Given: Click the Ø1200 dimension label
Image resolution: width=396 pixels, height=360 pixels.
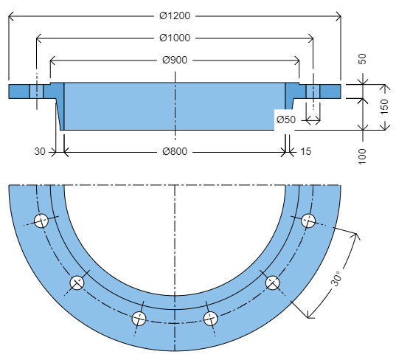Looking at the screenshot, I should [x=174, y=15].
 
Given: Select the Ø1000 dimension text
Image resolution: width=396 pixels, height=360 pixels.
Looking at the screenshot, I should [x=174, y=38].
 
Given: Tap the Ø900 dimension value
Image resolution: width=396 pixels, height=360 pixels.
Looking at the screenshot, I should [x=174, y=60].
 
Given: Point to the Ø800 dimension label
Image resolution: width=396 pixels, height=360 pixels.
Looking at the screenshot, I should [x=174, y=151].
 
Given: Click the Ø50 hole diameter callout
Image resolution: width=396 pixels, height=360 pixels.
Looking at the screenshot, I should [x=285, y=120].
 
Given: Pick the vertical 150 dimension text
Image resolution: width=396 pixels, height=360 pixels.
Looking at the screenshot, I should [x=383, y=108].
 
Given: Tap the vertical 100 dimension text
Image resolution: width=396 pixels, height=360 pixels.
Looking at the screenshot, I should [x=362, y=156].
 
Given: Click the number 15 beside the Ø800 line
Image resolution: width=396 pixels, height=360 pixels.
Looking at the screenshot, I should [x=305, y=151].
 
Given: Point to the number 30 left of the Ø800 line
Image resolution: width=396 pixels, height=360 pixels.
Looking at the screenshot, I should [x=41, y=151].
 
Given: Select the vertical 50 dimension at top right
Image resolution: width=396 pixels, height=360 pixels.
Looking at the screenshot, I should [x=362, y=59].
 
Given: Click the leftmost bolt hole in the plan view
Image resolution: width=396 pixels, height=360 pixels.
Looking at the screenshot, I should [x=41, y=220].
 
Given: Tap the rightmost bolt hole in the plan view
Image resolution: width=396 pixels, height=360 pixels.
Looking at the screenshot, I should [x=308, y=220].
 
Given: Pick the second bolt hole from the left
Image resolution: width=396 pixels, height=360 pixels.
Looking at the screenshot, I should [x=77, y=283].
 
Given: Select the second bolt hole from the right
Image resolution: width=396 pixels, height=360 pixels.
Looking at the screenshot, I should [x=272, y=283].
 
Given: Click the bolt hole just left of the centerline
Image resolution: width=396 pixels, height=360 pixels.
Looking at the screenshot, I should [x=139, y=318].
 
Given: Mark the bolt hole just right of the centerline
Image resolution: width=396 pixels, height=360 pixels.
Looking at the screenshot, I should [x=210, y=318].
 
